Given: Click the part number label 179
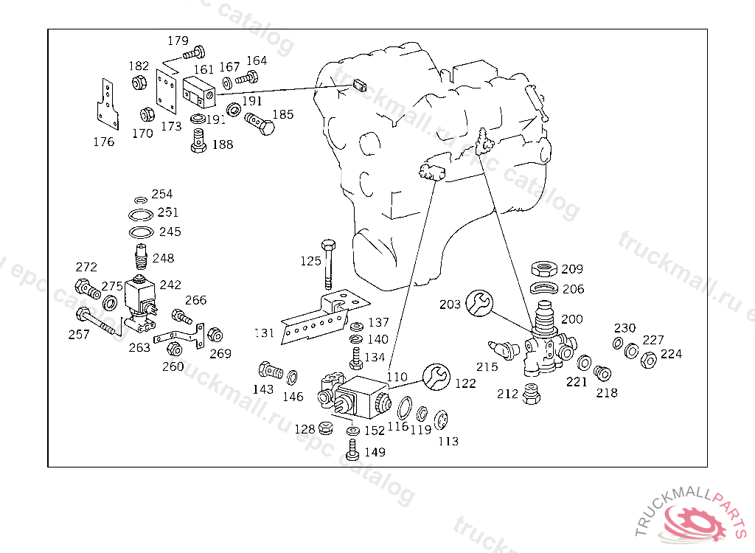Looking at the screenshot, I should click(178, 41).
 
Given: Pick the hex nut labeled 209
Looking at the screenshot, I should click(546, 269).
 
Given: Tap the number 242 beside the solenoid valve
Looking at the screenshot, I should click(170, 285).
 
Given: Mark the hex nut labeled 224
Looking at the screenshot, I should click(650, 359).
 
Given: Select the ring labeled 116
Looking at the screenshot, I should click(405, 407).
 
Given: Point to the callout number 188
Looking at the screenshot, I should click(222, 145).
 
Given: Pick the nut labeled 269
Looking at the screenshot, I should click(215, 335).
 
